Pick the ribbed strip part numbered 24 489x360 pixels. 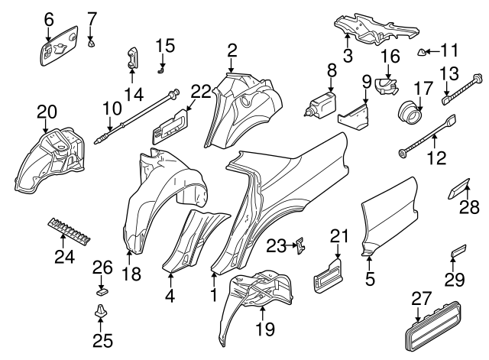tap(68, 228)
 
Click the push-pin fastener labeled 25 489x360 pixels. tap(99, 313)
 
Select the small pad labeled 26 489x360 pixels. tap(101, 290)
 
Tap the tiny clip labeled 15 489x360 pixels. tap(162, 70)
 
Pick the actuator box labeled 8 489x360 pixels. tap(322, 103)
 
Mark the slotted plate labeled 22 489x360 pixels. tap(169, 125)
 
